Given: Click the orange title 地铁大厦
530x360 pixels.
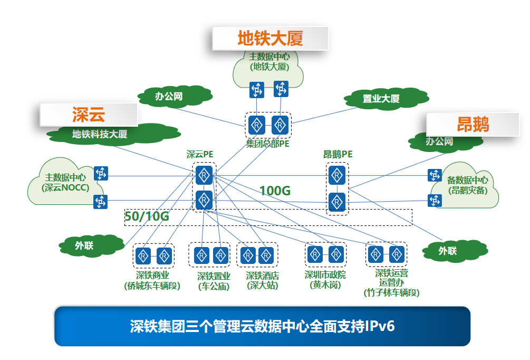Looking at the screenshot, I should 270,39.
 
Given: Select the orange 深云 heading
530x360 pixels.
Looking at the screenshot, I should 88,115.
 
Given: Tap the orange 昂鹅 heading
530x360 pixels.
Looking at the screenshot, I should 473,124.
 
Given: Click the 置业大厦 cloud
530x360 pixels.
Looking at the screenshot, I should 381,99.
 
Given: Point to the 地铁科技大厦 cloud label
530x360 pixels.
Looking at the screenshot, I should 100,134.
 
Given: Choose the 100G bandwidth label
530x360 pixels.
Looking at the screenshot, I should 275,191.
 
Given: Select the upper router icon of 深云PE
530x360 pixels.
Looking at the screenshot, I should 204,174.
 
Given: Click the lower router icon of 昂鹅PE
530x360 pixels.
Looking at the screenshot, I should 336,202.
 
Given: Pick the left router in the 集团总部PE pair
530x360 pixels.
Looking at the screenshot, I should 257,125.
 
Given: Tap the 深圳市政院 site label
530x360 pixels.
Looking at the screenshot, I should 325,274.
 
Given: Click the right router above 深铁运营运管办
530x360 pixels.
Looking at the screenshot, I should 396,255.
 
